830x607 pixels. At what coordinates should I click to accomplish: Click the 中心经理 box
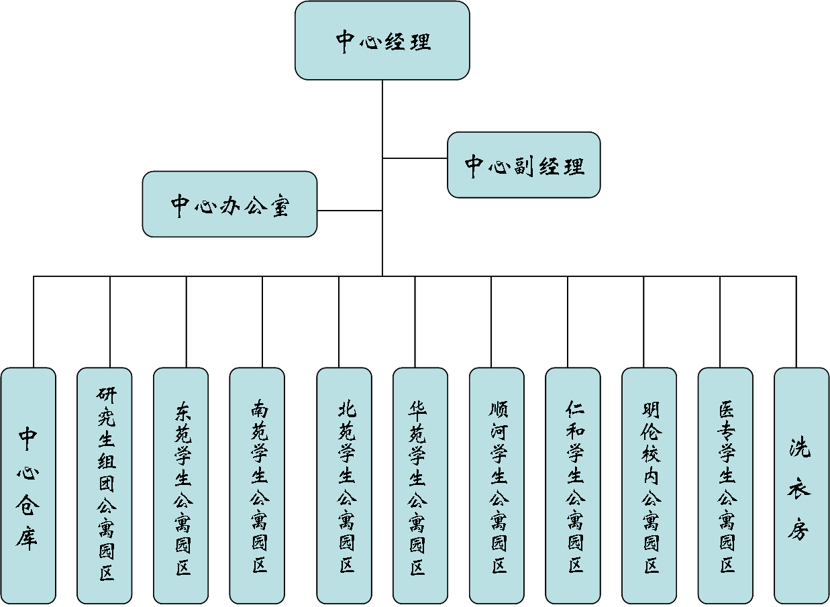tap(382, 41)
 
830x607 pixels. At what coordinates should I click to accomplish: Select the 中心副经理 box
tap(523, 165)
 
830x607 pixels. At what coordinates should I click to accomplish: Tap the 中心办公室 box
tap(229, 205)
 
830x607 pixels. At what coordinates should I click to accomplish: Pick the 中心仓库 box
tap(28, 486)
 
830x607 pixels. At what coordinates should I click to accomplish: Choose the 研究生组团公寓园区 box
tap(105, 486)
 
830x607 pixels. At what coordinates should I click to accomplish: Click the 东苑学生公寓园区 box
tap(180, 486)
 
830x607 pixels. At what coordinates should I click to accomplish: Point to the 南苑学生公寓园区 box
tap(257, 486)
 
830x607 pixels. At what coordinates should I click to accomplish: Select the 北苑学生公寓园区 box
tap(344, 486)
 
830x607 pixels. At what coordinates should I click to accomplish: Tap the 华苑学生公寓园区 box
tap(420, 486)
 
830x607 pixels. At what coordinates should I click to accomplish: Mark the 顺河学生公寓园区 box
tap(497, 486)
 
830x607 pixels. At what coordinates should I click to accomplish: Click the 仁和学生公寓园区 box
tap(573, 486)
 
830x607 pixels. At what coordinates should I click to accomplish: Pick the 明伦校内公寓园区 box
tap(649, 486)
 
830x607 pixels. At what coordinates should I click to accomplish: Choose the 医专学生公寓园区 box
tap(725, 486)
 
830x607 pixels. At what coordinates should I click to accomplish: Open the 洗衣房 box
tap(801, 486)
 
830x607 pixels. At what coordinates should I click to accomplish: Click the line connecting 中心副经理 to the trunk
tap(415, 158)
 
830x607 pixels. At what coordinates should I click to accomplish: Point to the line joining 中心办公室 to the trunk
tap(349, 211)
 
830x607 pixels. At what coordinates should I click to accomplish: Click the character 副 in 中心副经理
tap(523, 166)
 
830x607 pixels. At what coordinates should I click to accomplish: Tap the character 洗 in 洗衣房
tap(799, 447)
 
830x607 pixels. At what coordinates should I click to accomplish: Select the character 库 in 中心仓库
tap(28, 537)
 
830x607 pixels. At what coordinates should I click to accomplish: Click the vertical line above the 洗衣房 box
tap(796, 322)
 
